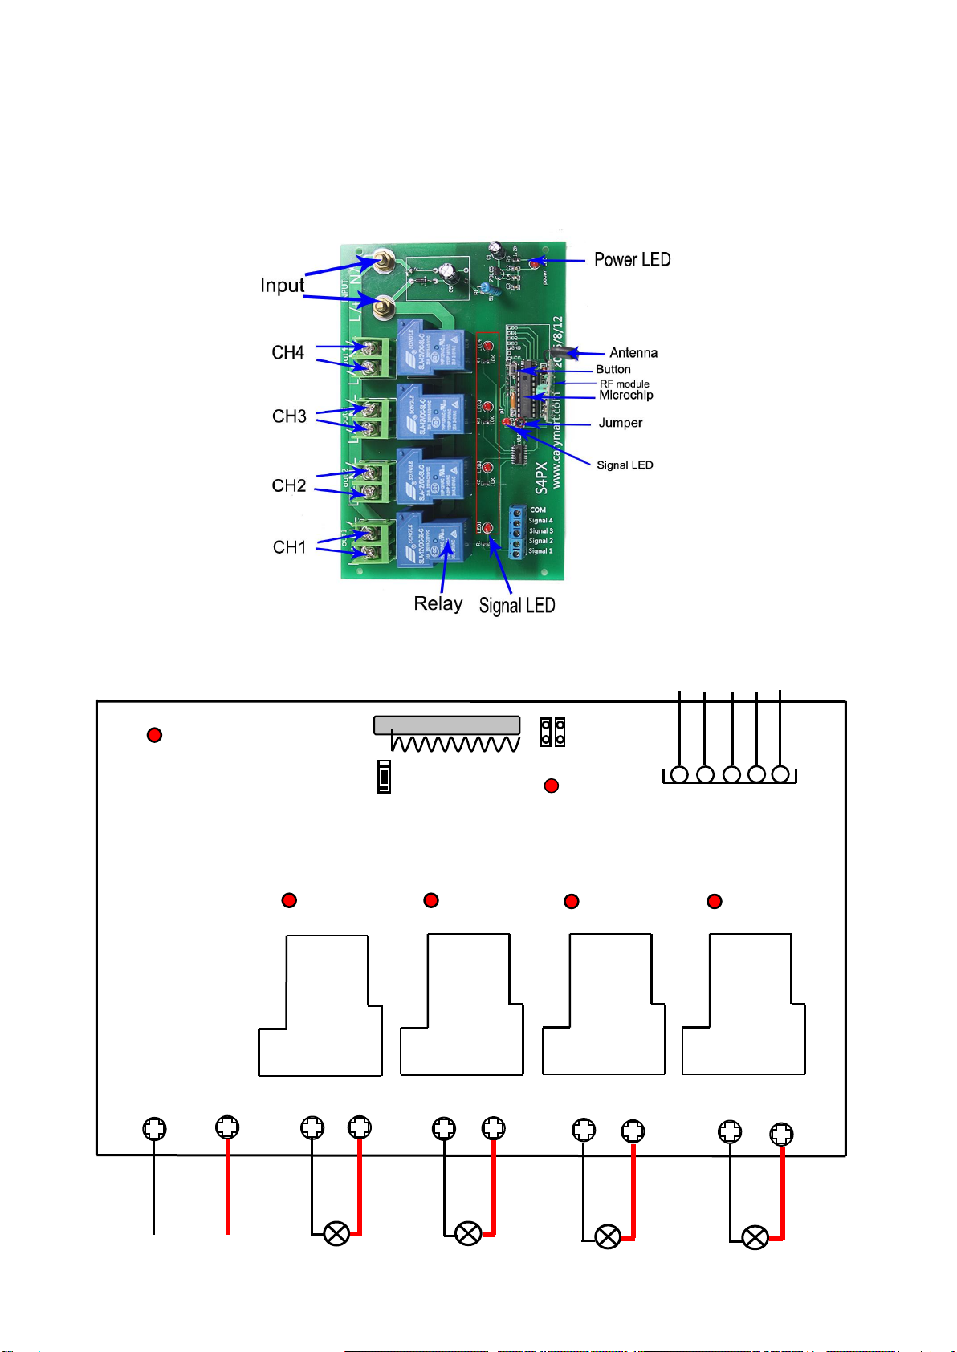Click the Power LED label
tap(632, 260)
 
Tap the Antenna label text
tap(633, 353)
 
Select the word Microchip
tap(625, 395)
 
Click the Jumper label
tap(620, 423)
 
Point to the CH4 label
tap(287, 353)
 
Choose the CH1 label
tap(289, 547)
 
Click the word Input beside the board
tap(282, 286)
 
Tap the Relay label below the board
tap(438, 603)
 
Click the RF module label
tap(624, 384)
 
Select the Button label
tap(613, 369)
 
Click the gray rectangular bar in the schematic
tap(446, 725)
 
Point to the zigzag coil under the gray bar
tap(454, 744)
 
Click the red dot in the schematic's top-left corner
tap(155, 735)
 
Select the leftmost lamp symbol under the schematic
tap(336, 1233)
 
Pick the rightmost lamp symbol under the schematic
tap(755, 1238)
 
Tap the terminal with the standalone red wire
tap(228, 1127)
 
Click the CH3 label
tap(289, 416)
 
